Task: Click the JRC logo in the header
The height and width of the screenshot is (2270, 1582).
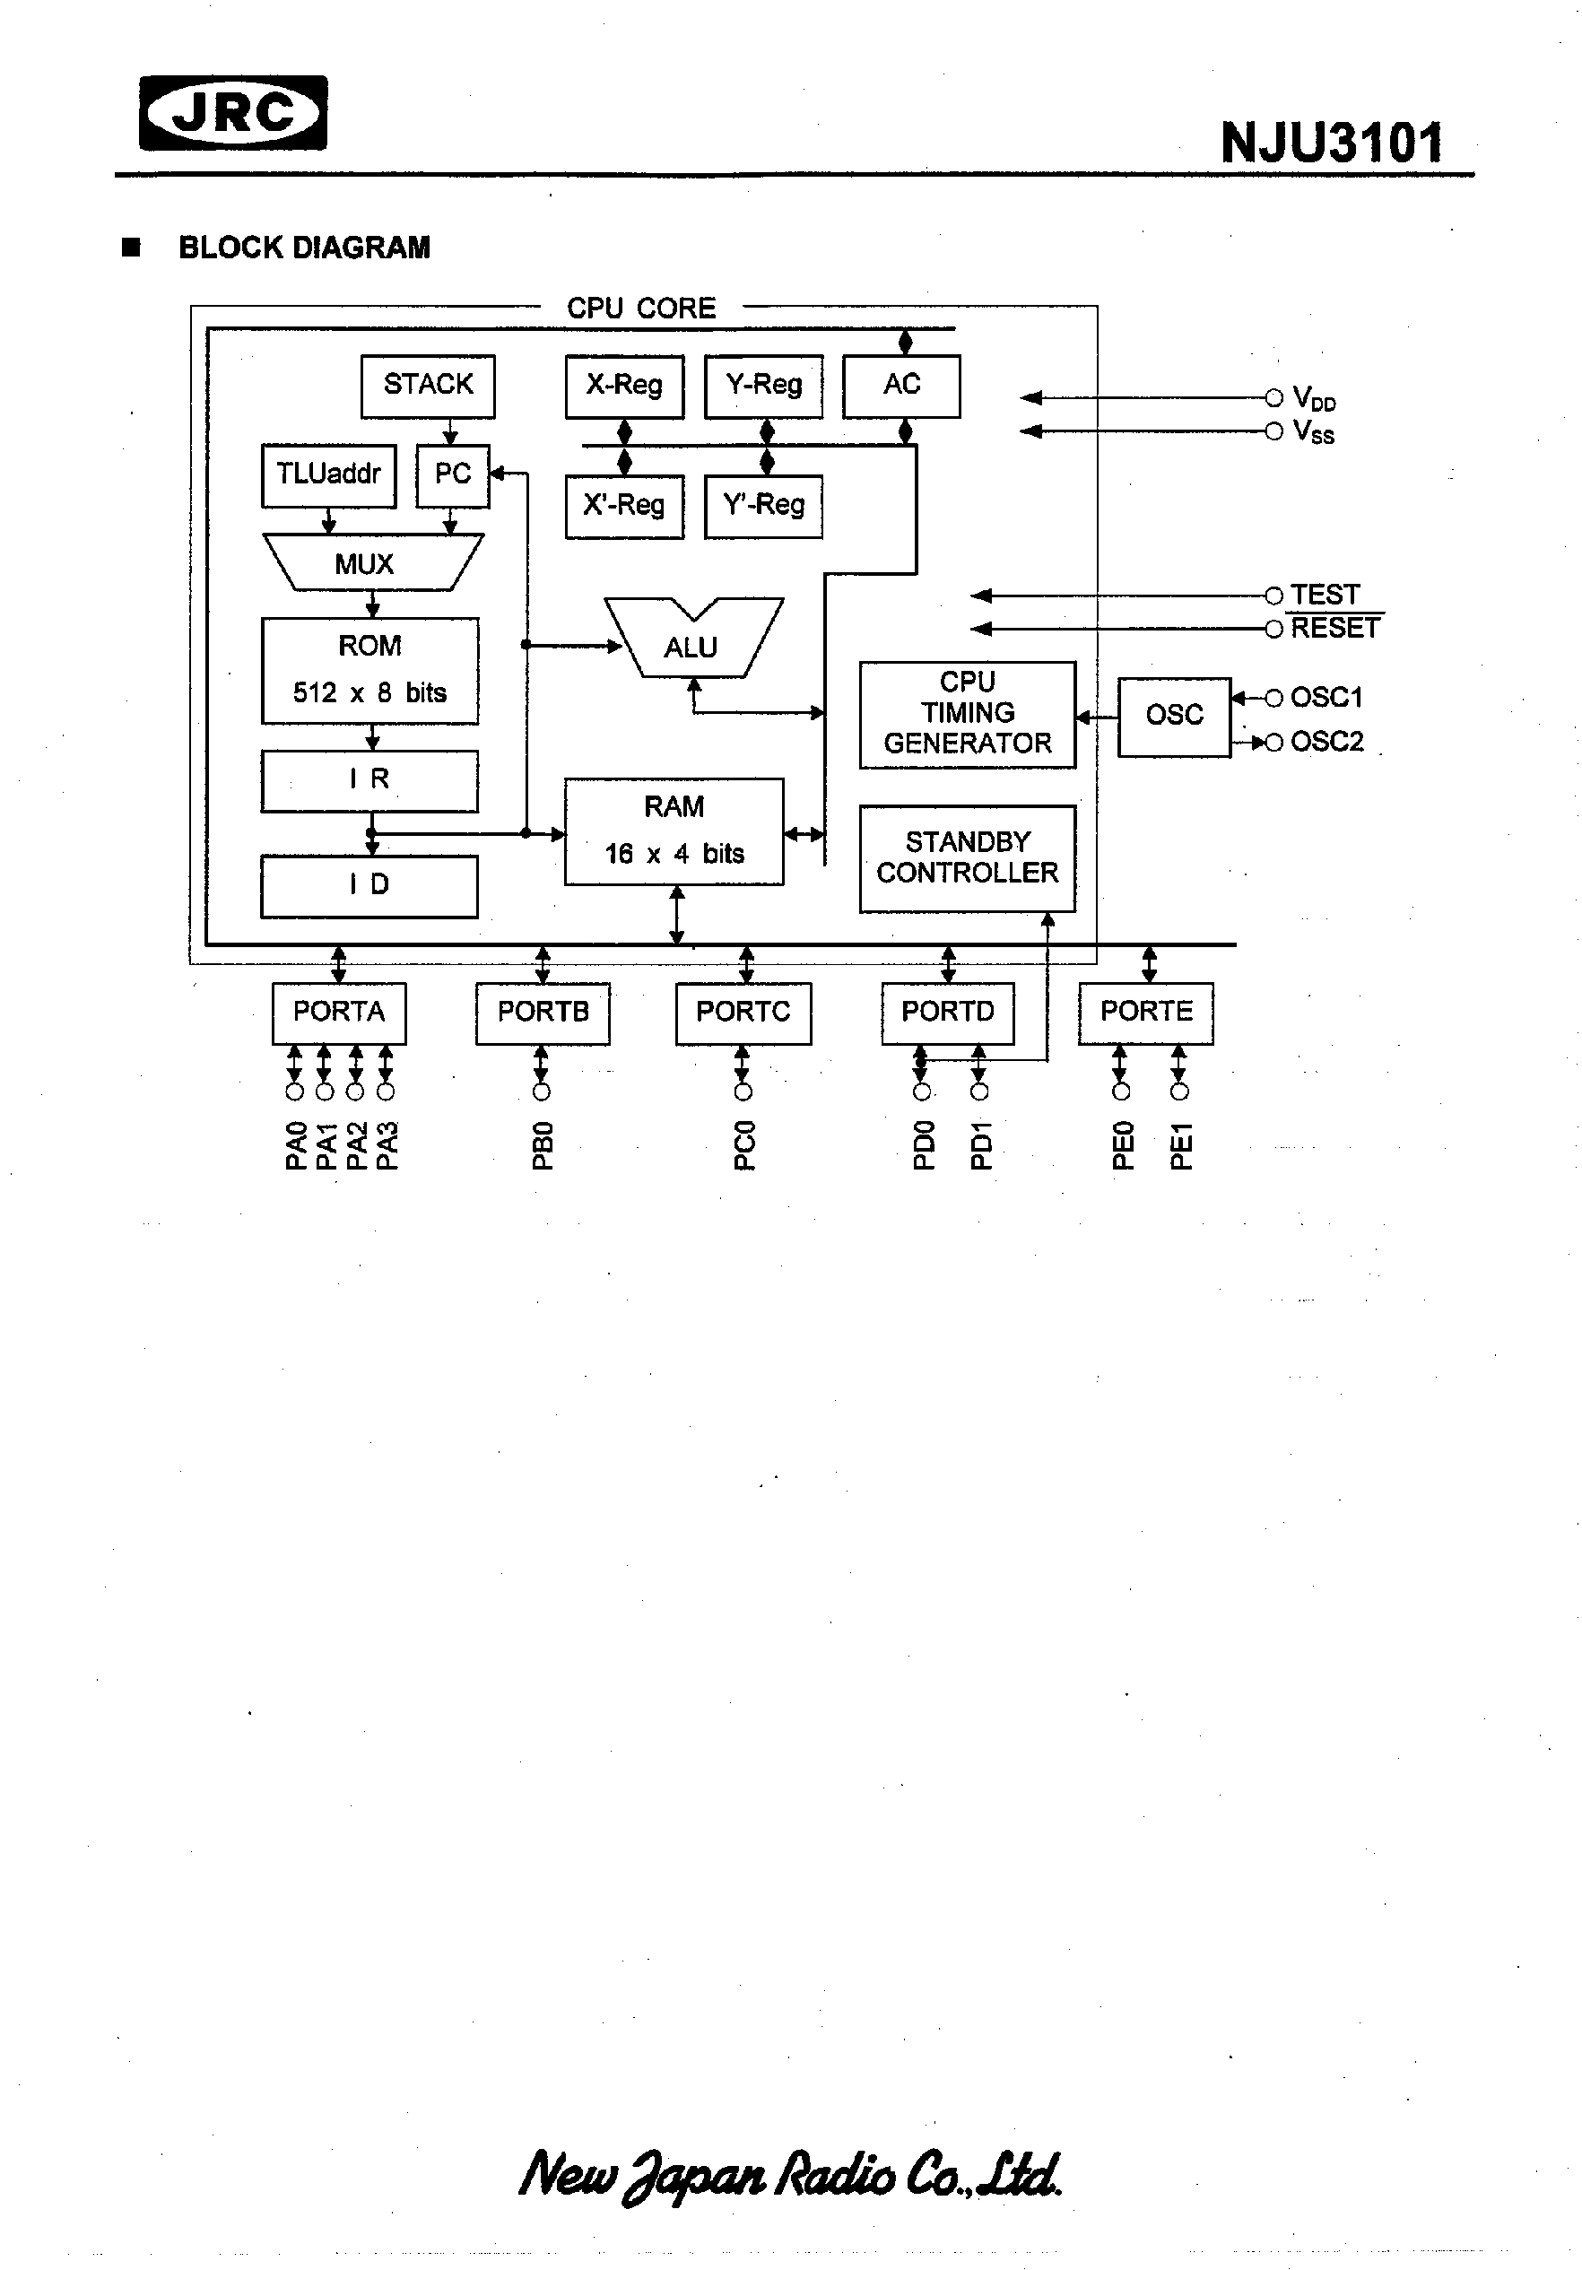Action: [x=233, y=113]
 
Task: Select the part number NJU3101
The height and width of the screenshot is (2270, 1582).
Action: [x=1331, y=144]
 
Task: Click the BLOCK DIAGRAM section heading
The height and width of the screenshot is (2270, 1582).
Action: [x=303, y=248]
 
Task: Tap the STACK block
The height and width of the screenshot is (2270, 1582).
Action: [x=427, y=386]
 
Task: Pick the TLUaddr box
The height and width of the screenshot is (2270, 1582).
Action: [x=328, y=475]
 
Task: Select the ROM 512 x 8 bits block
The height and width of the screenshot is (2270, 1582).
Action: [x=369, y=670]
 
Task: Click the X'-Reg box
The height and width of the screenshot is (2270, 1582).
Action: [x=624, y=506]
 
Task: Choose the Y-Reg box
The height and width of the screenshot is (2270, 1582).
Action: [x=763, y=386]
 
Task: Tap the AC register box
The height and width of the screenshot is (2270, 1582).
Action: [x=900, y=386]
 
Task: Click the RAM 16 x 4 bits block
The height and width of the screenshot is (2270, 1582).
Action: [x=674, y=831]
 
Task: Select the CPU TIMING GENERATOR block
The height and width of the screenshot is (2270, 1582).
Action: [x=967, y=714]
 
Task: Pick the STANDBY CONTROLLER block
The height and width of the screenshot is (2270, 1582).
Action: [x=967, y=858]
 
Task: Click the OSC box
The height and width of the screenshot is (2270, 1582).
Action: [x=1174, y=716]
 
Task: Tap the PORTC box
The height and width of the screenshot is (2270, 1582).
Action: [x=743, y=1013]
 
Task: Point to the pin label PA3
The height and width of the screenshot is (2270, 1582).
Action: [x=387, y=1146]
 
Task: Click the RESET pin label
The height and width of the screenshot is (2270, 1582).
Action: [x=1334, y=629]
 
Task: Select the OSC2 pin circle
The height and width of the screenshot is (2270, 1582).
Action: [x=1274, y=743]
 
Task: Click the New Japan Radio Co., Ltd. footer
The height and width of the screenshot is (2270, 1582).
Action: [x=791, y=2176]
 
